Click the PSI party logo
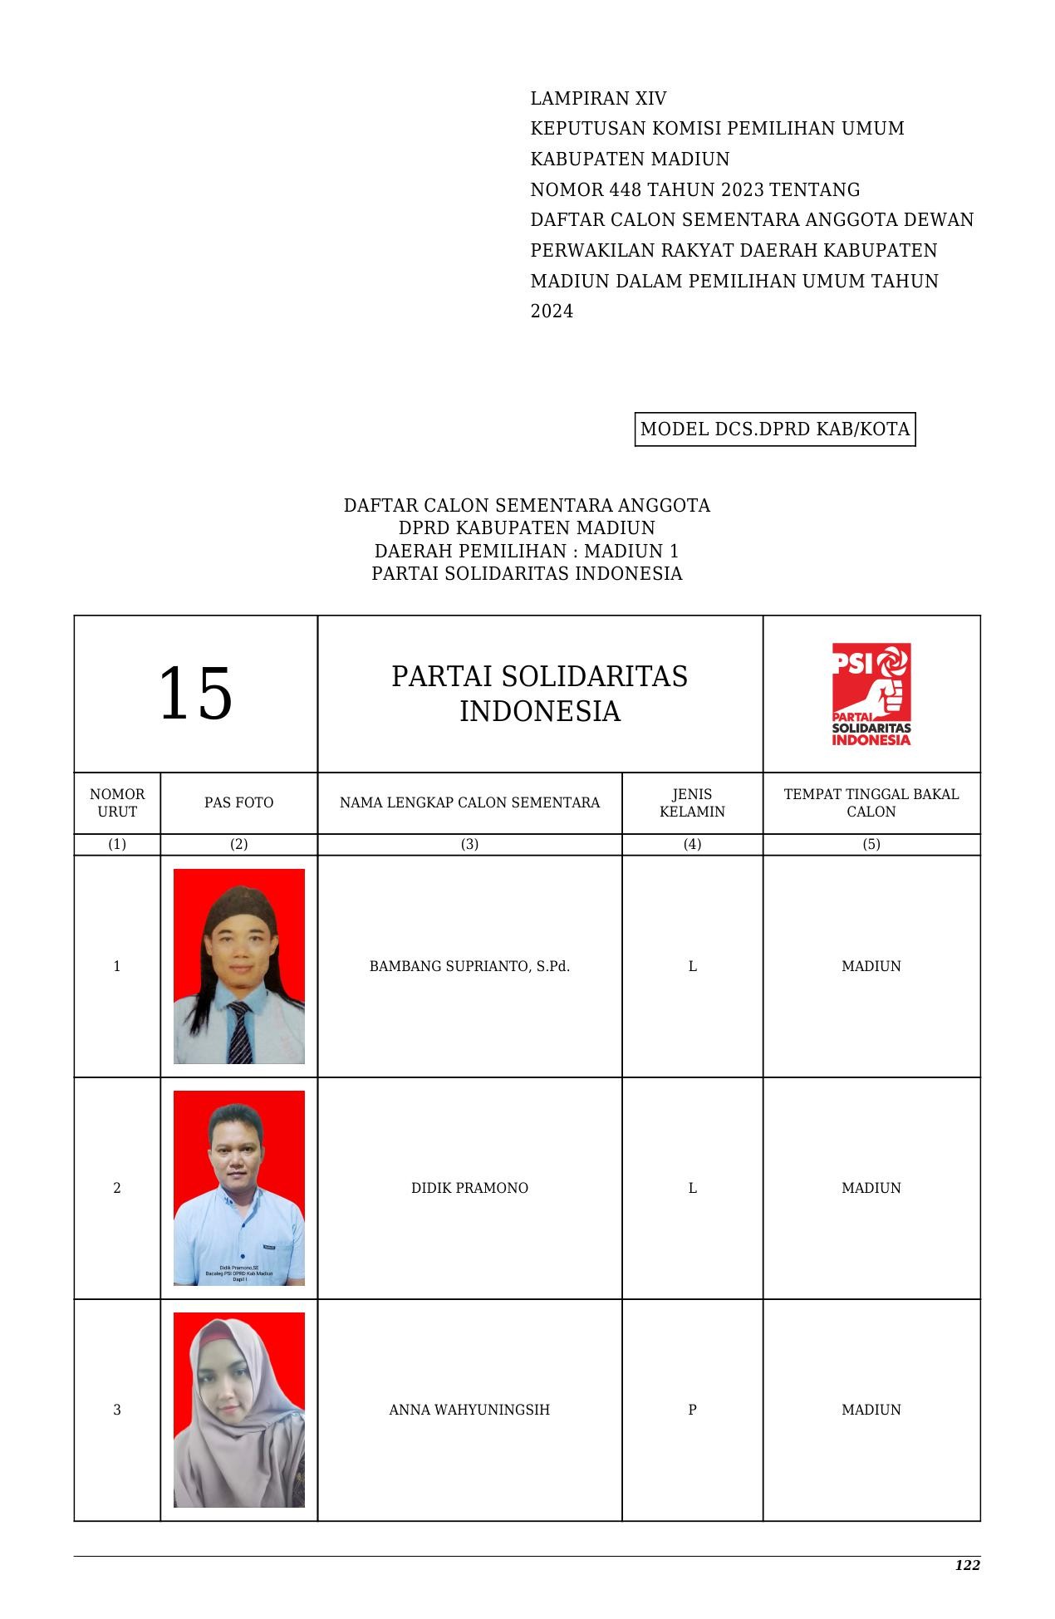pyautogui.click(x=871, y=694)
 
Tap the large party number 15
pyautogui.click(x=195, y=694)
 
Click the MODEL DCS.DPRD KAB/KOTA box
pyautogui.click(x=775, y=429)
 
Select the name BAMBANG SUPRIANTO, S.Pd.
pyautogui.click(x=469, y=966)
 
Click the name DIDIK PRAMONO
pyautogui.click(x=469, y=1188)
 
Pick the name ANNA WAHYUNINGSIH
pyautogui.click(x=469, y=1410)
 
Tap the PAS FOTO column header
pyautogui.click(x=238, y=802)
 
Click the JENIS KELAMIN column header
pyautogui.click(x=692, y=802)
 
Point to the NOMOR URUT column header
pyautogui.click(x=117, y=802)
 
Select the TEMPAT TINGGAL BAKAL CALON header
pyautogui.click(x=871, y=802)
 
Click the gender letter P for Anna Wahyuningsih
pyautogui.click(x=692, y=1410)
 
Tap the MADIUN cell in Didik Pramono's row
pyautogui.click(x=871, y=1188)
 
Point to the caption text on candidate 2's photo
pyautogui.click(x=239, y=1273)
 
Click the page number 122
pyautogui.click(x=967, y=1566)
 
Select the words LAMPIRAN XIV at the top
pyautogui.click(x=598, y=99)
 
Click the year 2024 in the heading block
pyautogui.click(x=552, y=312)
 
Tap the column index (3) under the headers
pyautogui.click(x=469, y=844)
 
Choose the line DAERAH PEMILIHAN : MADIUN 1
pyautogui.click(x=527, y=551)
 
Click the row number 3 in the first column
pyautogui.click(x=117, y=1410)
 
